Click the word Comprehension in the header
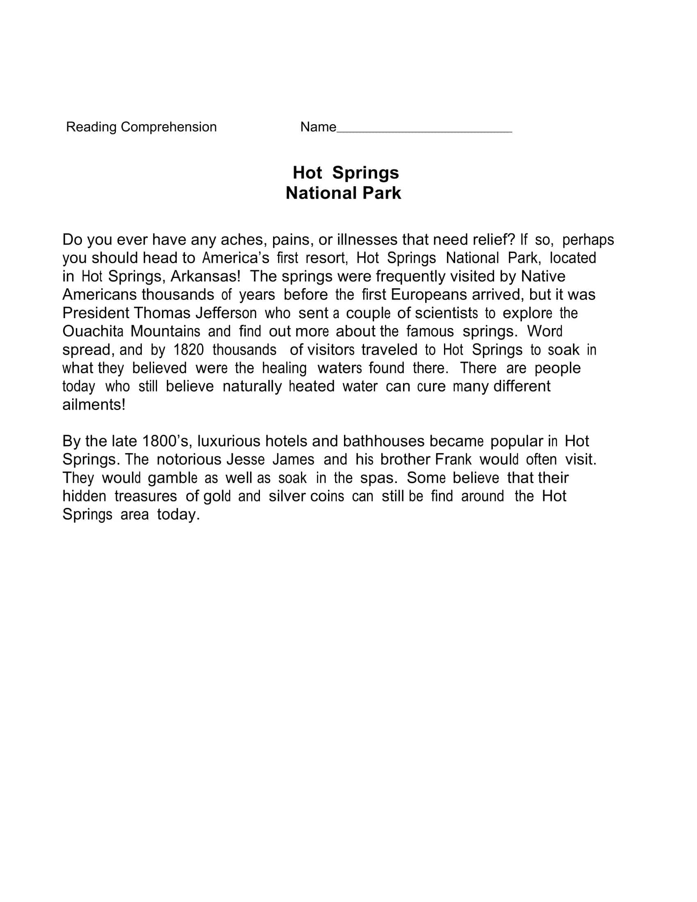169,127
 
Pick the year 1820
189,350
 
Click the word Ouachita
93,331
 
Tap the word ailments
93,405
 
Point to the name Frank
453,460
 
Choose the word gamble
173,478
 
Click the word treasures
146,496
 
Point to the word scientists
446,313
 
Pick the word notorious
189,460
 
